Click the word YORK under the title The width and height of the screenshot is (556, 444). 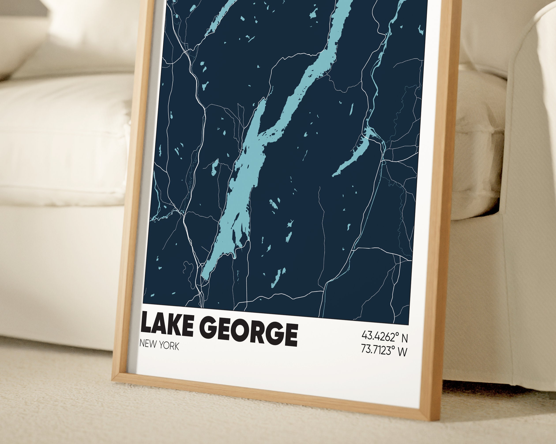click(x=169, y=346)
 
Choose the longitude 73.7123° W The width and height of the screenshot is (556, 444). click(x=384, y=350)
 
